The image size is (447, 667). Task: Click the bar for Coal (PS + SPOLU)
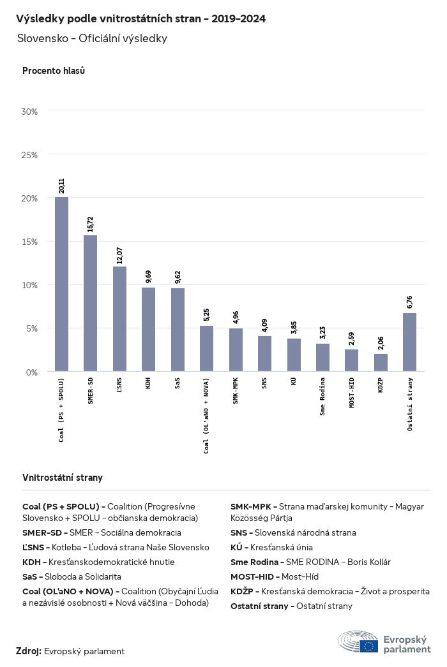(61, 284)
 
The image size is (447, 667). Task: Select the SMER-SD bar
(91, 303)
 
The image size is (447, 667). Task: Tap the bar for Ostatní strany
(410, 342)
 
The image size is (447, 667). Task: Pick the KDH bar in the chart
(148, 329)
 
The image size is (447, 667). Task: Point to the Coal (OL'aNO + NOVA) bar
(206, 348)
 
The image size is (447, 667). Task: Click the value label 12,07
(119, 255)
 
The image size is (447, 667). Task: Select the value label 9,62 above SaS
(178, 277)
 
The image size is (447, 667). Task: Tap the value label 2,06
(381, 343)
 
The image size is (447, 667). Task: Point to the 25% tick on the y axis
(30, 155)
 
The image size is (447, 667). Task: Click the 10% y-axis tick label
(30, 285)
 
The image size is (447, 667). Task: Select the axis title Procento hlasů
(54, 71)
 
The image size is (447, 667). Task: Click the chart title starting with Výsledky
(140, 19)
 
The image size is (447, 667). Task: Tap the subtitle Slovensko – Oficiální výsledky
(93, 38)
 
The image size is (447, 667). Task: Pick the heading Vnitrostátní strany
(63, 478)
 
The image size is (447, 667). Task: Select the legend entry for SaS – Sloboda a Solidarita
(72, 576)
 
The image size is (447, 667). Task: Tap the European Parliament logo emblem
(358, 641)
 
